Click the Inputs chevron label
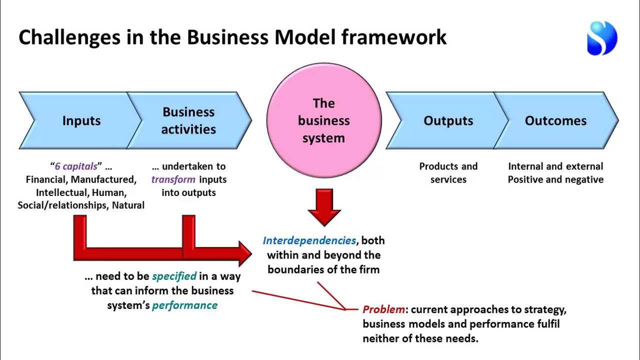tap(81, 120)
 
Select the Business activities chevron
tap(188, 120)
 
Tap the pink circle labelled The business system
tap(324, 120)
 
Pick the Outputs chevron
tap(448, 120)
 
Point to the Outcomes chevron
tap(555, 120)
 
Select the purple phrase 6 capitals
tap(75, 166)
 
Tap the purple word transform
tap(173, 179)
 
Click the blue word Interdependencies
tap(309, 240)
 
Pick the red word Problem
tap(383, 309)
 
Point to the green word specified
tap(174, 276)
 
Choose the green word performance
tap(184, 305)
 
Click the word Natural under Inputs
tap(128, 205)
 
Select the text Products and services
tap(448, 173)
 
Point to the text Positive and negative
tap(555, 179)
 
